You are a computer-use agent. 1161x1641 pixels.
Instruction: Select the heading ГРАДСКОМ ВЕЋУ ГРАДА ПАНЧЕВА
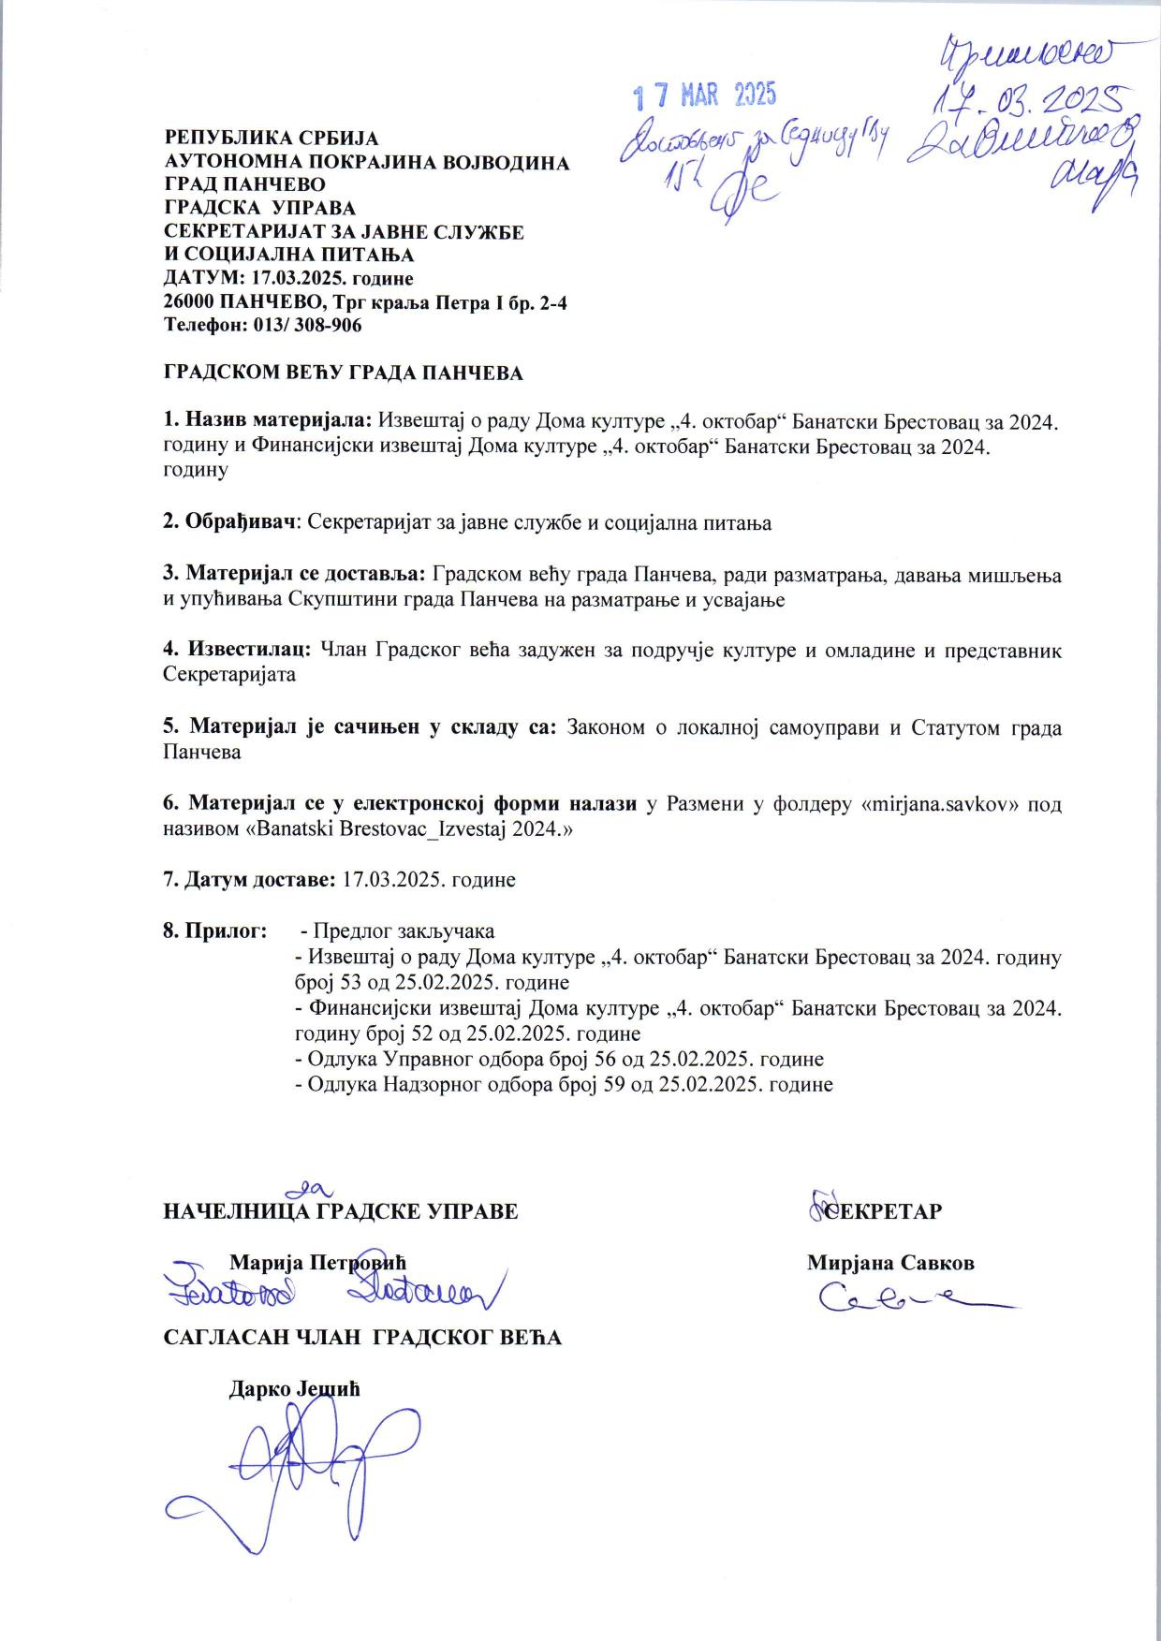343,374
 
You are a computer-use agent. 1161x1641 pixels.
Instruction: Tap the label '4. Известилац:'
238,650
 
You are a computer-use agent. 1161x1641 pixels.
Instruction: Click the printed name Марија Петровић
318,1262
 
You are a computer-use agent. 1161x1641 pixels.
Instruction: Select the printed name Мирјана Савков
890,1262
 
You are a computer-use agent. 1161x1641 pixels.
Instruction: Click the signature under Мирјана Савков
913,1298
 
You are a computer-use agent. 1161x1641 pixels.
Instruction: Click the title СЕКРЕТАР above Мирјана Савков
882,1210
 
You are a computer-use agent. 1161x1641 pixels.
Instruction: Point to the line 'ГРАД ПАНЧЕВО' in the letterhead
244,184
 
